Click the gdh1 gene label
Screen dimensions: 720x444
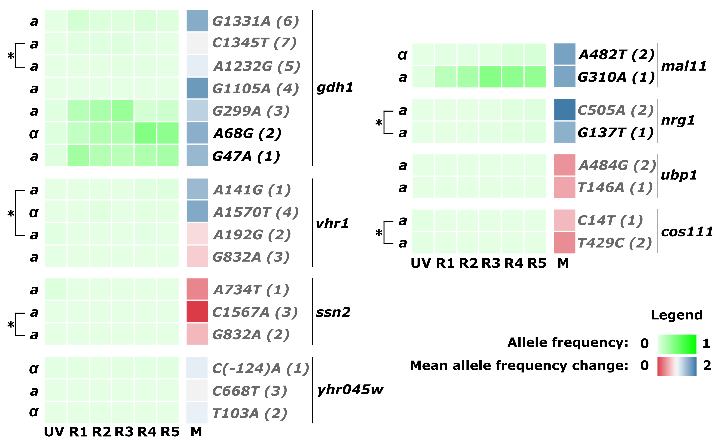pos(335,87)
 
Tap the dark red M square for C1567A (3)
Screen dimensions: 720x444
pos(197,312)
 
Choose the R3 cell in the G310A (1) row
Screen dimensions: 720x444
pos(490,77)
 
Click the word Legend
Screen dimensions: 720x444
pos(677,315)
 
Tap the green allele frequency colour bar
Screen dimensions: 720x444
pos(677,344)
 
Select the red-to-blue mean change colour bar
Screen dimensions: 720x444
pos(677,366)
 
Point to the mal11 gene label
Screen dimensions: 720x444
pos(684,66)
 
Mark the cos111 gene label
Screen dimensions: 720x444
pos(687,232)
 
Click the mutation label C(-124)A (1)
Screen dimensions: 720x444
pos(260,369)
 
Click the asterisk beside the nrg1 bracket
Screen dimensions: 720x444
pos(379,123)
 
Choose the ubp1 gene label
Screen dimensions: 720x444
pos(679,175)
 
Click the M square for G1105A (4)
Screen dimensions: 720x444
pos(197,88)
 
